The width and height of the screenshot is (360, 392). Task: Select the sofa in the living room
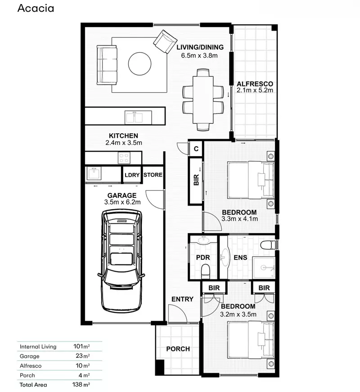coord(107,64)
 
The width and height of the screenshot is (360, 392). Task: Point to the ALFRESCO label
coord(255,84)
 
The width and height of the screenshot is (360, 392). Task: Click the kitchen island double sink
coord(134,117)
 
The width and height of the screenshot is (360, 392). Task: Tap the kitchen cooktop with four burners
coord(124,158)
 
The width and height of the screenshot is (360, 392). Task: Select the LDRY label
coord(132,175)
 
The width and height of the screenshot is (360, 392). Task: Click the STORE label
coord(153,175)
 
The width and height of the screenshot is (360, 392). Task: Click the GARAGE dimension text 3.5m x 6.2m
coord(121,203)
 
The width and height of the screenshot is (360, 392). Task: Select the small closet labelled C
coord(196,148)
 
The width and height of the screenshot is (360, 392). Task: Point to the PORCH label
coord(178,349)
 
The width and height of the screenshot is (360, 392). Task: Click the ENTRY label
coord(182,299)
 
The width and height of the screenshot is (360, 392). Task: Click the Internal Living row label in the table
coord(38,347)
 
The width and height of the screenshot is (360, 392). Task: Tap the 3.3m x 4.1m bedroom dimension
coord(239,219)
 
